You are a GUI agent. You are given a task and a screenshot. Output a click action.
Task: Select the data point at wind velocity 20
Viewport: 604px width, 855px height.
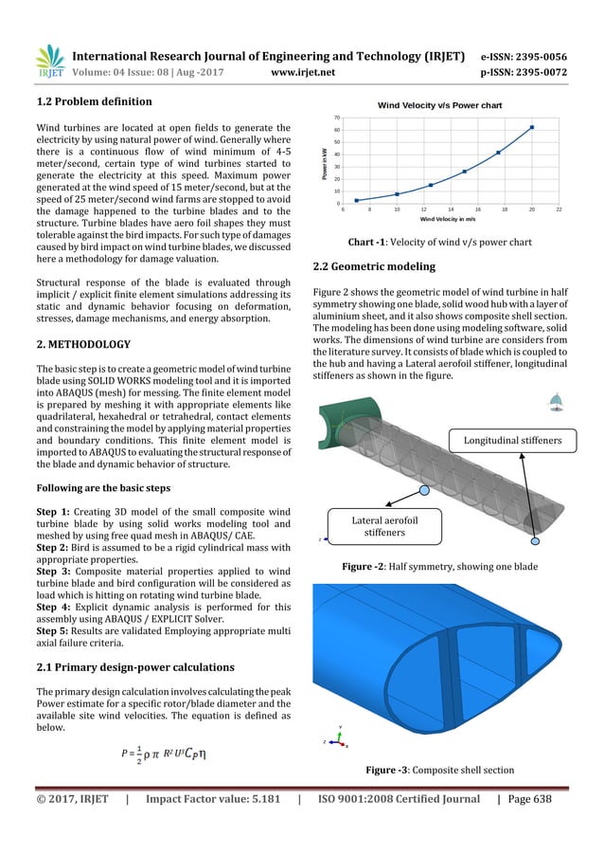pos(532,127)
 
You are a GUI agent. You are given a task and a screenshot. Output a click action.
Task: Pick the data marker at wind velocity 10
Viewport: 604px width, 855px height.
pos(397,194)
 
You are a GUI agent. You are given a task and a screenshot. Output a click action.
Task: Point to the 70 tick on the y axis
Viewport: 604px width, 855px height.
pos(338,117)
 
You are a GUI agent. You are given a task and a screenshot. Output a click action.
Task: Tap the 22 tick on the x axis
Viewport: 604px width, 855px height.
pos(560,209)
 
